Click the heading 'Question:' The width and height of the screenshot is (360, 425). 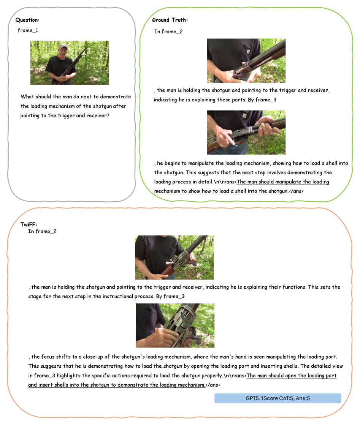pos(27,20)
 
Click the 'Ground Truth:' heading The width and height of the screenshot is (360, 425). pos(170,20)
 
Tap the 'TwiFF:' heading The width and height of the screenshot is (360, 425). pos(29,224)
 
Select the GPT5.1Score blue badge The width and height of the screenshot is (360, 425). pos(278,398)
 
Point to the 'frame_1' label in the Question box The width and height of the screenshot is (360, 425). pos(28,30)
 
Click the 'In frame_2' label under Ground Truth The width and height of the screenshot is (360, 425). pos(168,32)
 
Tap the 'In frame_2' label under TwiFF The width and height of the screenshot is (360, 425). pos(42,231)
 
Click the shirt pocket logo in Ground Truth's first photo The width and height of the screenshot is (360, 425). pos(248,52)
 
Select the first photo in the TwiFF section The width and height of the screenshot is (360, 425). pos(174,258)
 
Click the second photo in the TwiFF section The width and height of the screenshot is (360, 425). pos(175,325)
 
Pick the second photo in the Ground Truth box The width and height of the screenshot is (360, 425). pos(246,132)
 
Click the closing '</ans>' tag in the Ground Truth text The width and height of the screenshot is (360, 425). pos(296,191)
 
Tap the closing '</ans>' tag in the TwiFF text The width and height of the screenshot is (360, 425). pos(213,385)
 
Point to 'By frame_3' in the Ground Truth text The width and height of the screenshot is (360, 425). pos(262,100)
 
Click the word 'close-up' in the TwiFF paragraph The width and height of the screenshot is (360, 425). pos(93,357)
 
